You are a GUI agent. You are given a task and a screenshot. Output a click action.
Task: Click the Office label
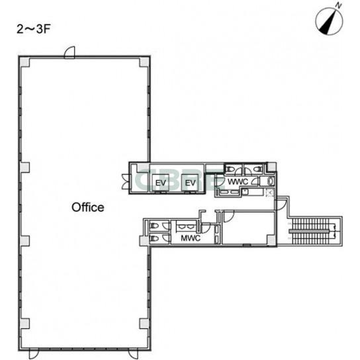coord(88,207)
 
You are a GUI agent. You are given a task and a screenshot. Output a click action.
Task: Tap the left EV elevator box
coord(161,183)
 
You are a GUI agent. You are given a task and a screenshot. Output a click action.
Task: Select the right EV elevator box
coord(190,183)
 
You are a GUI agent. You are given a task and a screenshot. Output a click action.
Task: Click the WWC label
coord(238,181)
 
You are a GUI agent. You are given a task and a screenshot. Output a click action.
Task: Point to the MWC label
coord(191,238)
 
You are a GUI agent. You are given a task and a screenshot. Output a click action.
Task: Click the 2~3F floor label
coord(33,29)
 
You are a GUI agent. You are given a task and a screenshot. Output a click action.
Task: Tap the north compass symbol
coord(330,21)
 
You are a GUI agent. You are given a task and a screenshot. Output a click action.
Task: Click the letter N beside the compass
coord(338,5)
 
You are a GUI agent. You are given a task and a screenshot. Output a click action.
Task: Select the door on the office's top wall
coord(69,52)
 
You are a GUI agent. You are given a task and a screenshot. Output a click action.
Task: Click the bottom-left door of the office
coord(34,354)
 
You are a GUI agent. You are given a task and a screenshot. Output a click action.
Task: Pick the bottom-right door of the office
coord(133,354)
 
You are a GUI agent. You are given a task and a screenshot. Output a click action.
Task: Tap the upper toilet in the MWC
coord(154,226)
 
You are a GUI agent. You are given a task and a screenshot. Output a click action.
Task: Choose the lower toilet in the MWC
coord(154,238)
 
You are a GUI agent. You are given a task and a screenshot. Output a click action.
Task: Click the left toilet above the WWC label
coord(230,169)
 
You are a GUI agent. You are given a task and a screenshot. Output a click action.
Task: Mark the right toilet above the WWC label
coord(258,169)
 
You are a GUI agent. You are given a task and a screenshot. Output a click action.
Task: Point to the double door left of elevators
coord(126,182)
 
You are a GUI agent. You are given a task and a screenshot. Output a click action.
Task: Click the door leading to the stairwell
coord(281,204)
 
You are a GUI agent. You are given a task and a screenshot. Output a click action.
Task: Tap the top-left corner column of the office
coord(24,62)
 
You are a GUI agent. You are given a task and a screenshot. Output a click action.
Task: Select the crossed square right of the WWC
coord(270,192)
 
